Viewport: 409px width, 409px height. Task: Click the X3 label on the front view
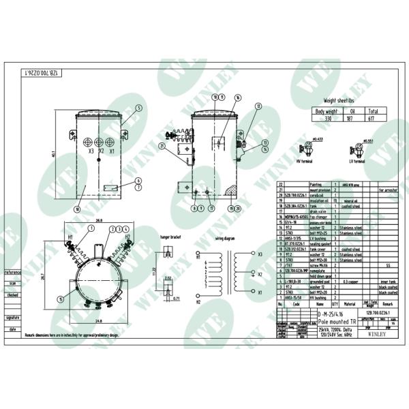point(91,151)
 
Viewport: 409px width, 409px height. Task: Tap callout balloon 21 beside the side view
point(162,146)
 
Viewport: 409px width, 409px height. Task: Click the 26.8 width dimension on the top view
point(99,221)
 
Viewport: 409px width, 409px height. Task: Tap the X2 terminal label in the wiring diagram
point(260,273)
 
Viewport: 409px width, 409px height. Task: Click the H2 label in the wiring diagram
point(199,301)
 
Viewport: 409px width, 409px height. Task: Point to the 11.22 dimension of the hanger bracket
point(154,270)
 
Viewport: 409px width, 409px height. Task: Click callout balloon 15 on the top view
point(61,299)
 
